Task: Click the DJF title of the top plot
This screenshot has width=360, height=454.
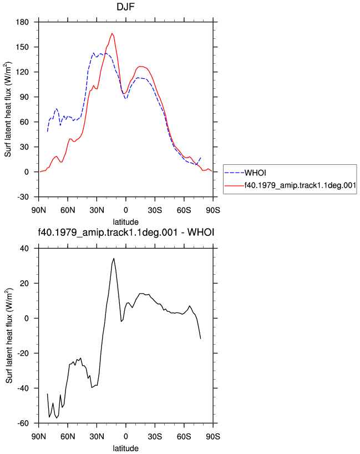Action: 125,7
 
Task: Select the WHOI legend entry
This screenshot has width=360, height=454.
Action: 255,173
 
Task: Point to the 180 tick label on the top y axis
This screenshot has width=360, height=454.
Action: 22,22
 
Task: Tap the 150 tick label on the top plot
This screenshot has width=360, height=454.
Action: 22,47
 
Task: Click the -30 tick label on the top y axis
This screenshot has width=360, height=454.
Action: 23,197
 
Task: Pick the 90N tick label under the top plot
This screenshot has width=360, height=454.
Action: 39,210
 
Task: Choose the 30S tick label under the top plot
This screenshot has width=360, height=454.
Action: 155,210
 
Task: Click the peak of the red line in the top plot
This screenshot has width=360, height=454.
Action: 112,33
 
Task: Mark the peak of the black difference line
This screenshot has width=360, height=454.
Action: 114,258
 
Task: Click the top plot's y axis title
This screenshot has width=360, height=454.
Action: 8,109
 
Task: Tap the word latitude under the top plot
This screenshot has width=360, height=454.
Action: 125,222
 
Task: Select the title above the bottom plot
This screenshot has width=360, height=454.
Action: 126,232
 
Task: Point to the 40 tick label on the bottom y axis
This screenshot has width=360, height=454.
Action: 24,249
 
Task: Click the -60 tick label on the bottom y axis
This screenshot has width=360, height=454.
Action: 23,423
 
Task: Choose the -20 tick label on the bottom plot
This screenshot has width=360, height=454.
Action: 23,354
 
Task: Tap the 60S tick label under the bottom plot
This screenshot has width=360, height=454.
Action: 184,437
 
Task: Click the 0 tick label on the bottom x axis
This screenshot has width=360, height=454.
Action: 125,437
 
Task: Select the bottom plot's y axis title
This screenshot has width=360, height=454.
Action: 9,336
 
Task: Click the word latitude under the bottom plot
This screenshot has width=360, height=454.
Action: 125,448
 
